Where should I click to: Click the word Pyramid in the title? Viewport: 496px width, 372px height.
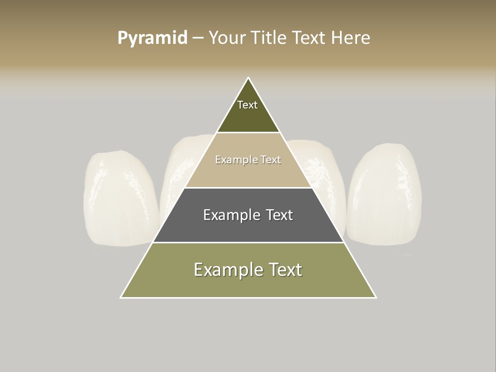152,38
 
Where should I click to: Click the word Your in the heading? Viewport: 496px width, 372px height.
227,38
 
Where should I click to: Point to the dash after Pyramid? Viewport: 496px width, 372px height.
197,38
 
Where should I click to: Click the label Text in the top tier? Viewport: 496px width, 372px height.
247,105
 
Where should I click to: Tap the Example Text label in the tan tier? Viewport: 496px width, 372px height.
248,160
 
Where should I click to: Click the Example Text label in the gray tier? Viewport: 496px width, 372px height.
248,215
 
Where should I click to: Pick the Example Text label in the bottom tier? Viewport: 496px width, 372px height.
248,270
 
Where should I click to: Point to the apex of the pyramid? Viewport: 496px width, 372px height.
249,78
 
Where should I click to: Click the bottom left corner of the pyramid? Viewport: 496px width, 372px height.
121,297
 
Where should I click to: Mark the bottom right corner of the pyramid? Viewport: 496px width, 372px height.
376,297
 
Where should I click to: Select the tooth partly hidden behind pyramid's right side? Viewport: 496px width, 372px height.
320,165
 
